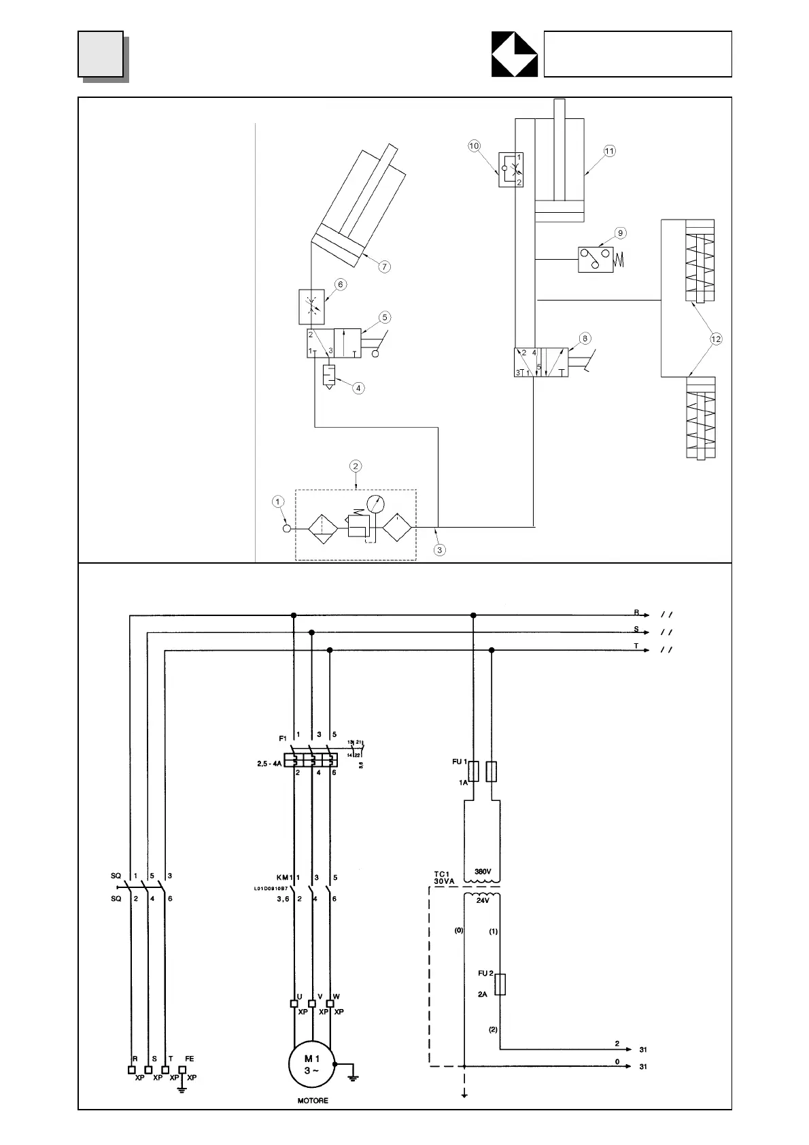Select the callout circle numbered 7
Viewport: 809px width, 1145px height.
385,267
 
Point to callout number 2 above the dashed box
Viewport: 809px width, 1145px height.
356,466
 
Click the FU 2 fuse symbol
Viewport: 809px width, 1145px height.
500,985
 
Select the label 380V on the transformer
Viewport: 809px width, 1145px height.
482,871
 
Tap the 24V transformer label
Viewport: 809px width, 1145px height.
482,900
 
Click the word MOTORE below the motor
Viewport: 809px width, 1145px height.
312,1101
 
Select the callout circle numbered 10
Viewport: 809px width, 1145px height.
475,146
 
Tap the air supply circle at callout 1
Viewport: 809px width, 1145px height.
287,528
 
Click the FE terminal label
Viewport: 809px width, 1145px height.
190,1059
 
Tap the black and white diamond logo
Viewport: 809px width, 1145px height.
515,54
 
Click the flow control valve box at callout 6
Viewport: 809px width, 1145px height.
312,307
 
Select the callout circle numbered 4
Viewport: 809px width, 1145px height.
358,388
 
